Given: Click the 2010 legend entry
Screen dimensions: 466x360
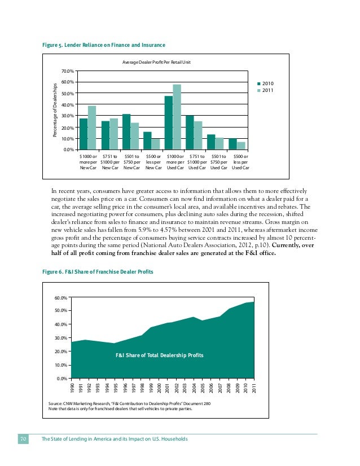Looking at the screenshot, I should coord(266,83).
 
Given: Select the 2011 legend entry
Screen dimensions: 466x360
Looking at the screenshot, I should coord(266,90).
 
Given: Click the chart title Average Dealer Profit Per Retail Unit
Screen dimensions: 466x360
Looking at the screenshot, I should coord(156,61).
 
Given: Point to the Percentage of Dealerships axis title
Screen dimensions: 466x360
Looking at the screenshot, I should coord(55,111).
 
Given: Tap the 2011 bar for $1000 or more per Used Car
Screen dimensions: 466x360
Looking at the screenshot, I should coord(177,117).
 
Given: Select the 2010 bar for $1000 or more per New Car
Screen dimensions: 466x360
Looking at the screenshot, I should coord(84,134).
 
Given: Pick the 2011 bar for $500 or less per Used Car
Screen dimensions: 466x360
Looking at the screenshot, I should coord(241,146).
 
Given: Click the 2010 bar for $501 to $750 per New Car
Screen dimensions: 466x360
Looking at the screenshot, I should coord(126,131).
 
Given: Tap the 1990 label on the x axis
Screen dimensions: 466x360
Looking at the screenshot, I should coord(72,387).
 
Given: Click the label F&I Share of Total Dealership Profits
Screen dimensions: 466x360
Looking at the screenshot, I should coord(159,355).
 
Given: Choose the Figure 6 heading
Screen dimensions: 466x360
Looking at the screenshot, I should coord(98,272).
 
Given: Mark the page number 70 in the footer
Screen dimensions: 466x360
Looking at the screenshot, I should coord(24,439).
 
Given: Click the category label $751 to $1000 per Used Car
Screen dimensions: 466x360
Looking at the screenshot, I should coord(197,162).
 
